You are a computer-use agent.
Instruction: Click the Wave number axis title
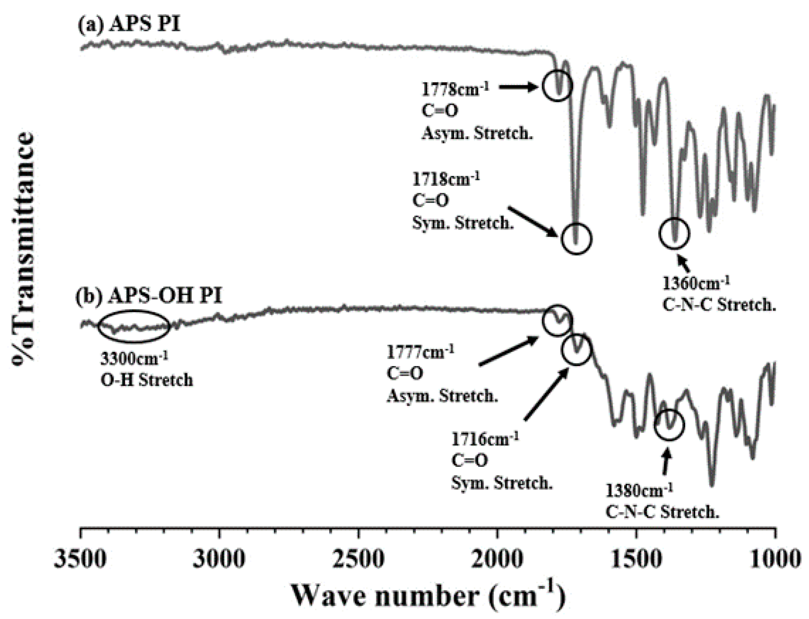tap(428, 596)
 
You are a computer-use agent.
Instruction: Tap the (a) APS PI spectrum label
tap(129, 25)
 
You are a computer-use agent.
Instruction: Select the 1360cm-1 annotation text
tap(696, 283)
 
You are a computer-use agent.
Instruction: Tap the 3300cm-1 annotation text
tap(134, 358)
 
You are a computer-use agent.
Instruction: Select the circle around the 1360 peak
tap(674, 234)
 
